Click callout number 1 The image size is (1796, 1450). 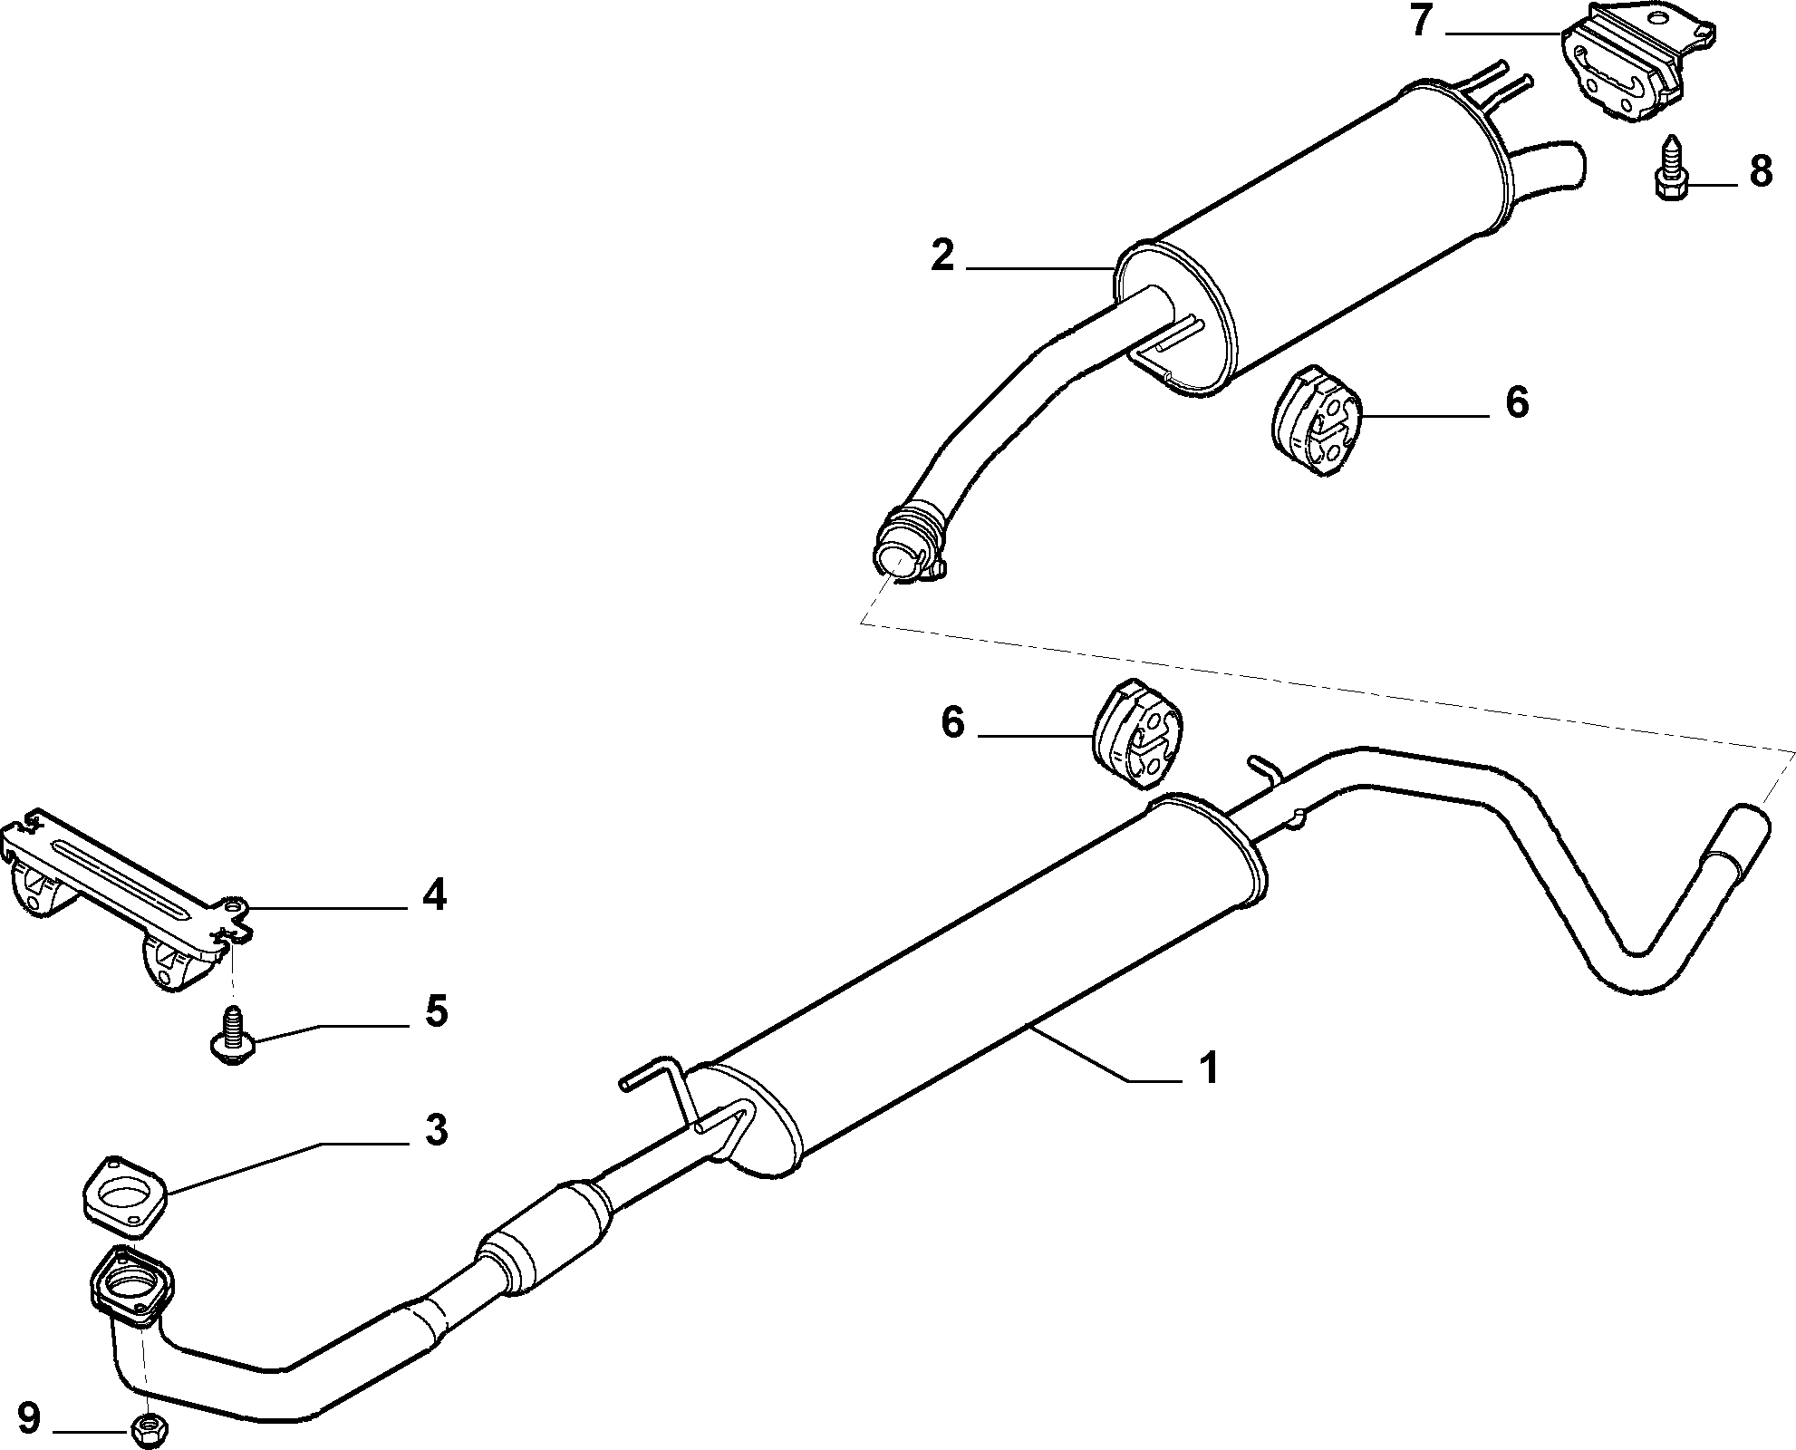tap(1207, 1068)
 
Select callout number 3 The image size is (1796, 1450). tap(436, 1131)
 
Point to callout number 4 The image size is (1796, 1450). tap(435, 896)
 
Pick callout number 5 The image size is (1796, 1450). tap(437, 1011)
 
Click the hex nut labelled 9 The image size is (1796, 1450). tap(147, 1429)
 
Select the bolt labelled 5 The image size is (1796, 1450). tap(232, 1034)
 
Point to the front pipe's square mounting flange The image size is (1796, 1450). tap(133, 1287)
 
